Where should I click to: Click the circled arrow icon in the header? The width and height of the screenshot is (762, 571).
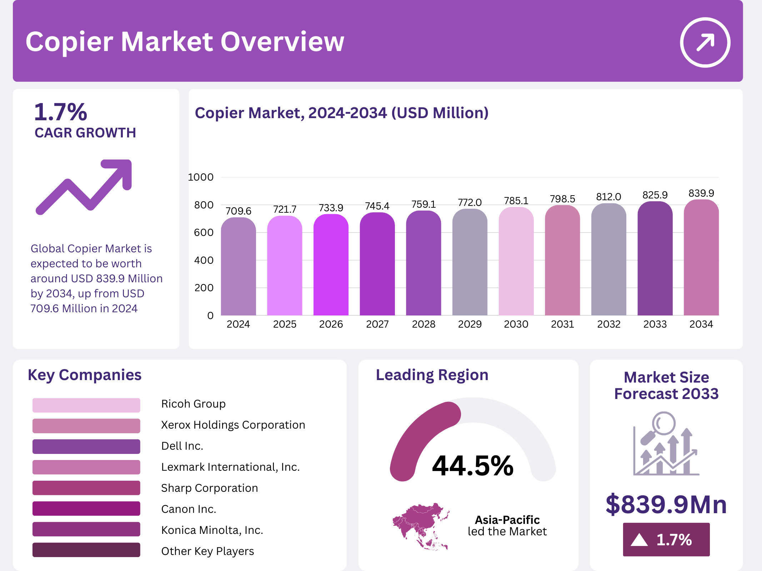[x=705, y=42]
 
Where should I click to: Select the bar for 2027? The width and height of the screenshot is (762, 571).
[x=377, y=264]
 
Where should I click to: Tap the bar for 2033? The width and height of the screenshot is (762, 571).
[x=655, y=259]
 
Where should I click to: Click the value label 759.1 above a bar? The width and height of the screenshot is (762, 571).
[x=423, y=204]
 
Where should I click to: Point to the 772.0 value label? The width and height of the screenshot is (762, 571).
[x=470, y=202]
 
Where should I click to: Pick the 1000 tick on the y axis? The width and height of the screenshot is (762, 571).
[x=201, y=177]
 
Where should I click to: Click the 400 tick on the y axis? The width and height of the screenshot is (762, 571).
[x=204, y=260]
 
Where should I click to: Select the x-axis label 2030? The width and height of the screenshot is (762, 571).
[x=516, y=324]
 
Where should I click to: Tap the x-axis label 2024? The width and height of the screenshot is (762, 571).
[x=238, y=324]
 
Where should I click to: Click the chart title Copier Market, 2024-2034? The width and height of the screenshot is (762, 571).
[x=341, y=113]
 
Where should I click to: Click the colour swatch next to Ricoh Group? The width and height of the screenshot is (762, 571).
[x=86, y=405]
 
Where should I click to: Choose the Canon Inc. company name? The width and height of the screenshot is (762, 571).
[x=189, y=509]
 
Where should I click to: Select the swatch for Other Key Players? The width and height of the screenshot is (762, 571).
[x=86, y=550]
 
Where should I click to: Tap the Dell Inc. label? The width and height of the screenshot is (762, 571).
[x=182, y=446]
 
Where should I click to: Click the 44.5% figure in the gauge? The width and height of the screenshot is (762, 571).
[x=472, y=466]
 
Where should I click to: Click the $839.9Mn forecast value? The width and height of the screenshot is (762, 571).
[x=666, y=504]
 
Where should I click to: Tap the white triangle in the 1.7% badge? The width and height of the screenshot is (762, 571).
[x=639, y=540]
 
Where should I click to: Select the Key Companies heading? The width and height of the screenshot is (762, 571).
[x=85, y=375]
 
